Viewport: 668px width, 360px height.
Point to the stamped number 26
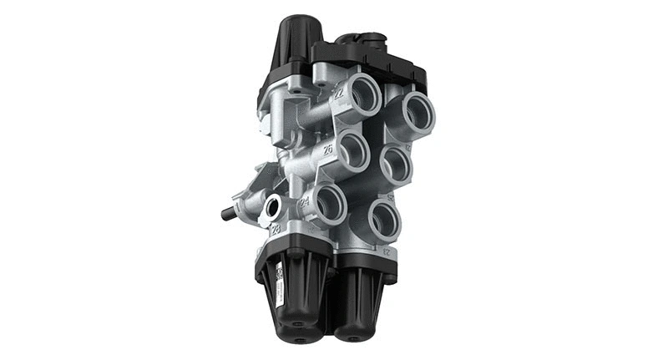click(328, 150)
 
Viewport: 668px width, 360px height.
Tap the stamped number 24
click(305, 201)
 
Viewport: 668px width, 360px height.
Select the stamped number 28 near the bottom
click(276, 228)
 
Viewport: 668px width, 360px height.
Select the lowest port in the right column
click(383, 219)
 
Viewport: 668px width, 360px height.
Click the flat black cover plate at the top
click(376, 58)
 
